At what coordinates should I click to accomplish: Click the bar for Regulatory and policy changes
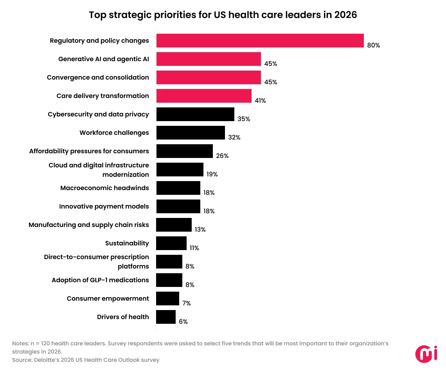click(260, 41)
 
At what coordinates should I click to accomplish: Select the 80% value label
click(373, 45)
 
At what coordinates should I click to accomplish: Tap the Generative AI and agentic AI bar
click(209, 59)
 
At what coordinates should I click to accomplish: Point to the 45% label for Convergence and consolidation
click(270, 82)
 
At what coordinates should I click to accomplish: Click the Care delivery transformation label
click(103, 96)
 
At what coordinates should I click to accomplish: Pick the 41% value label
click(260, 101)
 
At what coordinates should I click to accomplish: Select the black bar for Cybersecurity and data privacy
click(195, 114)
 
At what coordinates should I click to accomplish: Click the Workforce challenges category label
click(114, 133)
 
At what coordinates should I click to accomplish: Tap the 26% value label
click(222, 156)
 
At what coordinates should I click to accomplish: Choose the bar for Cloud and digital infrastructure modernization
click(180, 170)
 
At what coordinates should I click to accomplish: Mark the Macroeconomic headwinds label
click(104, 188)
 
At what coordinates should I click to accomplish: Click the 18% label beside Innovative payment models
click(209, 211)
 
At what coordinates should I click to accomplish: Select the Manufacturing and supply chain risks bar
click(174, 225)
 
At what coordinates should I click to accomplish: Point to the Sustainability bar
click(171, 243)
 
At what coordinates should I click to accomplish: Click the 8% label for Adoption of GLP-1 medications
click(190, 285)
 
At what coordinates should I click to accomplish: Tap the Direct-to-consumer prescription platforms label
click(97, 262)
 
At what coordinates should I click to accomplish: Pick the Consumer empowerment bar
click(167, 299)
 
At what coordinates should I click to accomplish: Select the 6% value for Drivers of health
click(183, 321)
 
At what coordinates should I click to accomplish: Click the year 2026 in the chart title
click(345, 15)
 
